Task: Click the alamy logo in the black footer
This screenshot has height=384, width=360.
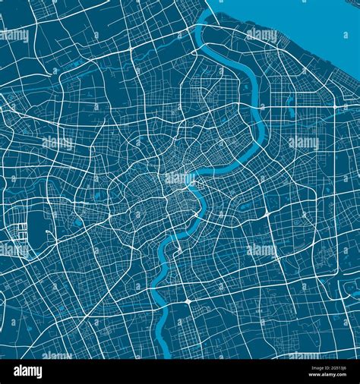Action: (x=27, y=372)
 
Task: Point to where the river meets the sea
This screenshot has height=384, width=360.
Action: (x=207, y=17)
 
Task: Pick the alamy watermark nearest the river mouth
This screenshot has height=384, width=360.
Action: (x=262, y=35)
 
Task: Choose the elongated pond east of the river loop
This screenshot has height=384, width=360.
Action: (x=291, y=106)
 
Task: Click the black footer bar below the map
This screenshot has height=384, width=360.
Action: (x=180, y=372)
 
